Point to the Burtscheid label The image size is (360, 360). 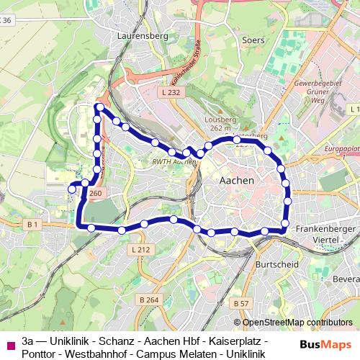[x=274, y=264]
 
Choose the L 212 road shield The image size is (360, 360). [x=141, y=249]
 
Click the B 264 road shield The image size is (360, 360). [x=148, y=300]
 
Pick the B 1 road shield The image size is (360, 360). [x=32, y=225]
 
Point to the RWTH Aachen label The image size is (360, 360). [x=175, y=162]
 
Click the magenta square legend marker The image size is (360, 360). [x=9, y=344]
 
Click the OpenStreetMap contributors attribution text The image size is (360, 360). [x=293, y=323]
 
